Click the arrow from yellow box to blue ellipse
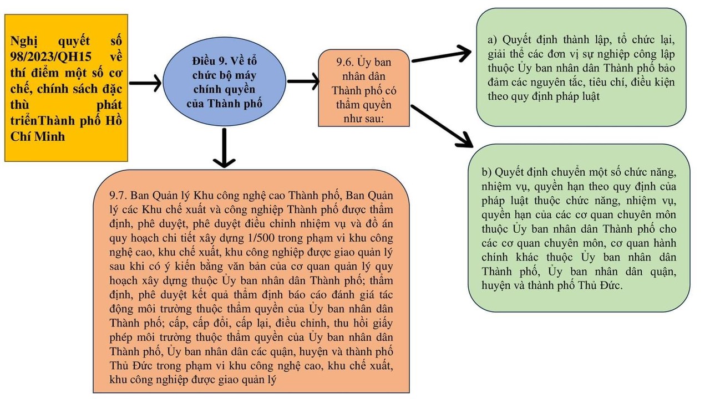[145, 83]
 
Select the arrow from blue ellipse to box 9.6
[303, 81]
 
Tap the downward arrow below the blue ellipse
[224, 147]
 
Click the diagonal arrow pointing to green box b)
[442, 126]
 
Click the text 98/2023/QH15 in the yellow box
[50, 57]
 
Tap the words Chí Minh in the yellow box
[37, 136]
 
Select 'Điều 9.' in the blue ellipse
[210, 61]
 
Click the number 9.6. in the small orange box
[346, 63]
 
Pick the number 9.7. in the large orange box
[118, 196]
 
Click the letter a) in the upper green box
[493, 39]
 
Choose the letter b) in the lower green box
[486, 172]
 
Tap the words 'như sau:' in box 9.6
[363, 119]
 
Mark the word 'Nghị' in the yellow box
[24, 41]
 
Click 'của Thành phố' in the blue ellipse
[224, 104]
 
